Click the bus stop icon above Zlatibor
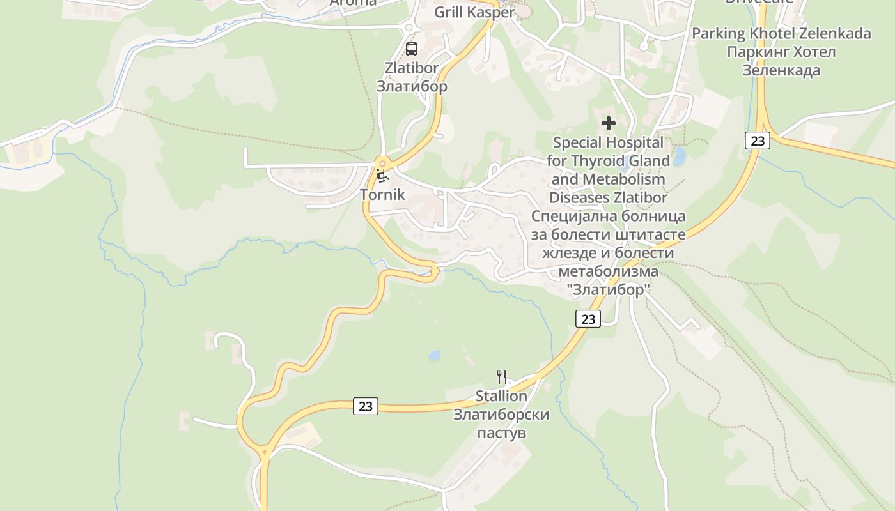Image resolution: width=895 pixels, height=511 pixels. tap(412, 49)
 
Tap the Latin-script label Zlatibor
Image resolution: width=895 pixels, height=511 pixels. tap(412, 68)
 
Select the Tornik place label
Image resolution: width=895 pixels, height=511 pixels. tap(382, 195)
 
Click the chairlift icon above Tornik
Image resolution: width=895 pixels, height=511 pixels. tap(382, 176)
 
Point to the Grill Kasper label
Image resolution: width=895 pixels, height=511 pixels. tap(474, 12)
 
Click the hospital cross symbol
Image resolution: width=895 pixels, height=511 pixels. tap(609, 123)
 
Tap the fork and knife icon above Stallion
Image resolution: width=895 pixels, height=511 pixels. tap(502, 377)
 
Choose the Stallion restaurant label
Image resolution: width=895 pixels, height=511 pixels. tap(501, 396)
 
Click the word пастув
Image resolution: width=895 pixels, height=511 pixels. tap(502, 433)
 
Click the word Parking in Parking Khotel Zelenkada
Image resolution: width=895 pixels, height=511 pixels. tap(719, 33)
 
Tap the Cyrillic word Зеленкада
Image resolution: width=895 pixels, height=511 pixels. tap(781, 70)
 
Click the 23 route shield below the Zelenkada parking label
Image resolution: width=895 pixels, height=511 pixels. tap(757, 141)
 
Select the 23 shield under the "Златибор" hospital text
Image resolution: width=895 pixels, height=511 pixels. tap(588, 318)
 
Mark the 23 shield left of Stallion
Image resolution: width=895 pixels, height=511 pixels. tap(366, 406)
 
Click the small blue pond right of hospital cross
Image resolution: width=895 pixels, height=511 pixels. tap(679, 156)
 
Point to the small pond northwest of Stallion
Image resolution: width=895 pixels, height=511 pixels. tap(434, 355)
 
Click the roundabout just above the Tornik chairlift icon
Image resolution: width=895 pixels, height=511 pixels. tap(382, 163)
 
